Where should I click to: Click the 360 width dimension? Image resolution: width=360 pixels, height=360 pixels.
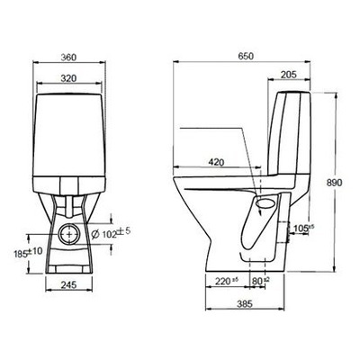click(69, 58)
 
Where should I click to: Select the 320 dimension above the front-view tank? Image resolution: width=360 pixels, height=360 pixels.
click(69, 78)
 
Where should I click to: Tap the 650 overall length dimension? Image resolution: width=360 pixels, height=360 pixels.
click(246, 56)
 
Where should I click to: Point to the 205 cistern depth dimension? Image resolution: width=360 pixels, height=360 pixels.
click(288, 75)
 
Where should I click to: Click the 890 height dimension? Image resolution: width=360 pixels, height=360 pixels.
click(334, 183)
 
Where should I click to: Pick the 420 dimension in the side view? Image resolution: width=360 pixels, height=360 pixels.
click(216, 162)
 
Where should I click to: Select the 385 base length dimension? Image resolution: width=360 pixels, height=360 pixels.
click(245, 303)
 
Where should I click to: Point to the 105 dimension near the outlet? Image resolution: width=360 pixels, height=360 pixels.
click(303, 229)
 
